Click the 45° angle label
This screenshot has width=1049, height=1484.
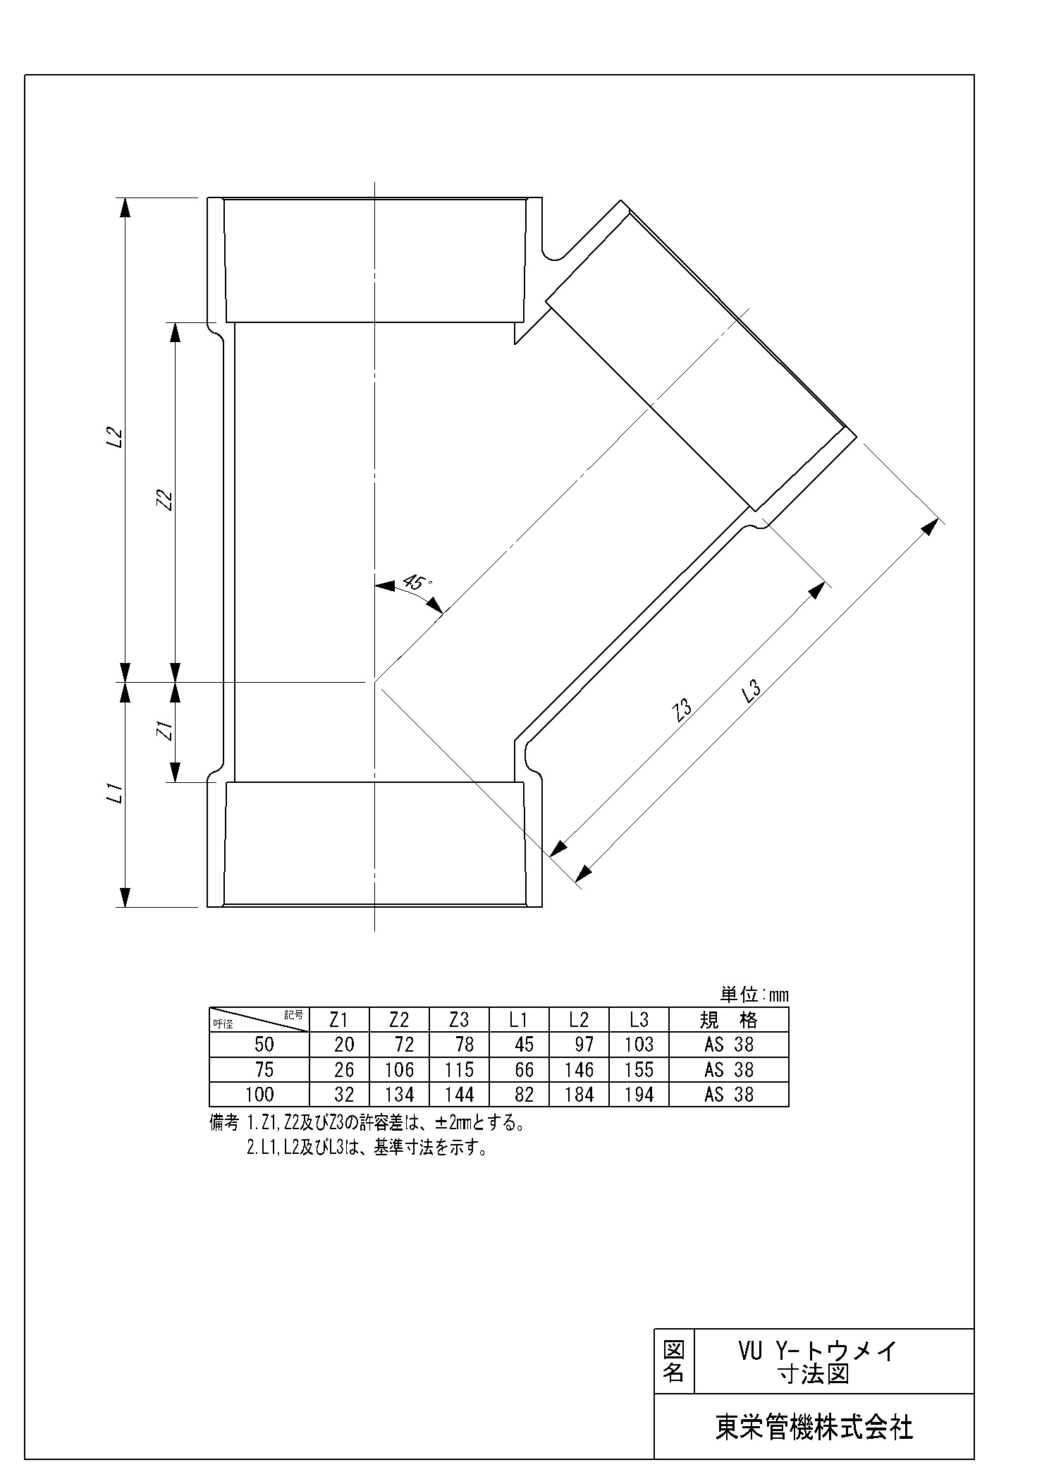pyautogui.click(x=417, y=583)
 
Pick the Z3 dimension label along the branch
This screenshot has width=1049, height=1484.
pyautogui.click(x=682, y=710)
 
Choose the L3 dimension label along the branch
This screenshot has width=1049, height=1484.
pyautogui.click(x=752, y=692)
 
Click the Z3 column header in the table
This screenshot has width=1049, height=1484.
pyautogui.click(x=459, y=1020)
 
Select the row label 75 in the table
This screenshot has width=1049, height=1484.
pyautogui.click(x=264, y=1070)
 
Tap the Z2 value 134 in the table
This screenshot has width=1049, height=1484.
pyautogui.click(x=400, y=1095)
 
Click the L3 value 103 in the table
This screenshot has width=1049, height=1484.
pyautogui.click(x=639, y=1045)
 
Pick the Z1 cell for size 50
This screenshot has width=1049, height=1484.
pyautogui.click(x=345, y=1045)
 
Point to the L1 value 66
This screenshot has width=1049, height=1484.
pyautogui.click(x=524, y=1070)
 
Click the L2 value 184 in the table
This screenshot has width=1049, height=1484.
pyautogui.click(x=579, y=1095)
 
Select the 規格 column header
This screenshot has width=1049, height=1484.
pyautogui.click(x=729, y=1020)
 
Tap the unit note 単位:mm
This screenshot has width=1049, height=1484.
pyautogui.click(x=754, y=995)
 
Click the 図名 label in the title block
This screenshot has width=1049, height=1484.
pyautogui.click(x=674, y=1362)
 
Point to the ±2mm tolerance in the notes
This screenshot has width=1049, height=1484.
pyautogui.click(x=441, y=1122)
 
